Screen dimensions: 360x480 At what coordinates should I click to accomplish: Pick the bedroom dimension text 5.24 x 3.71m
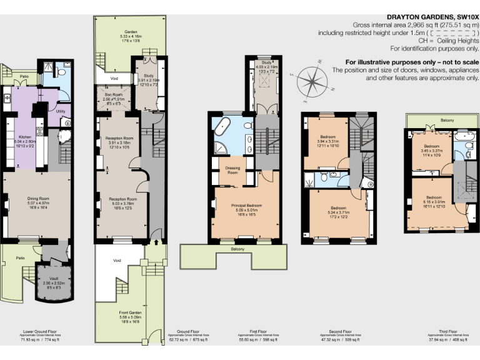(x=338, y=213)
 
